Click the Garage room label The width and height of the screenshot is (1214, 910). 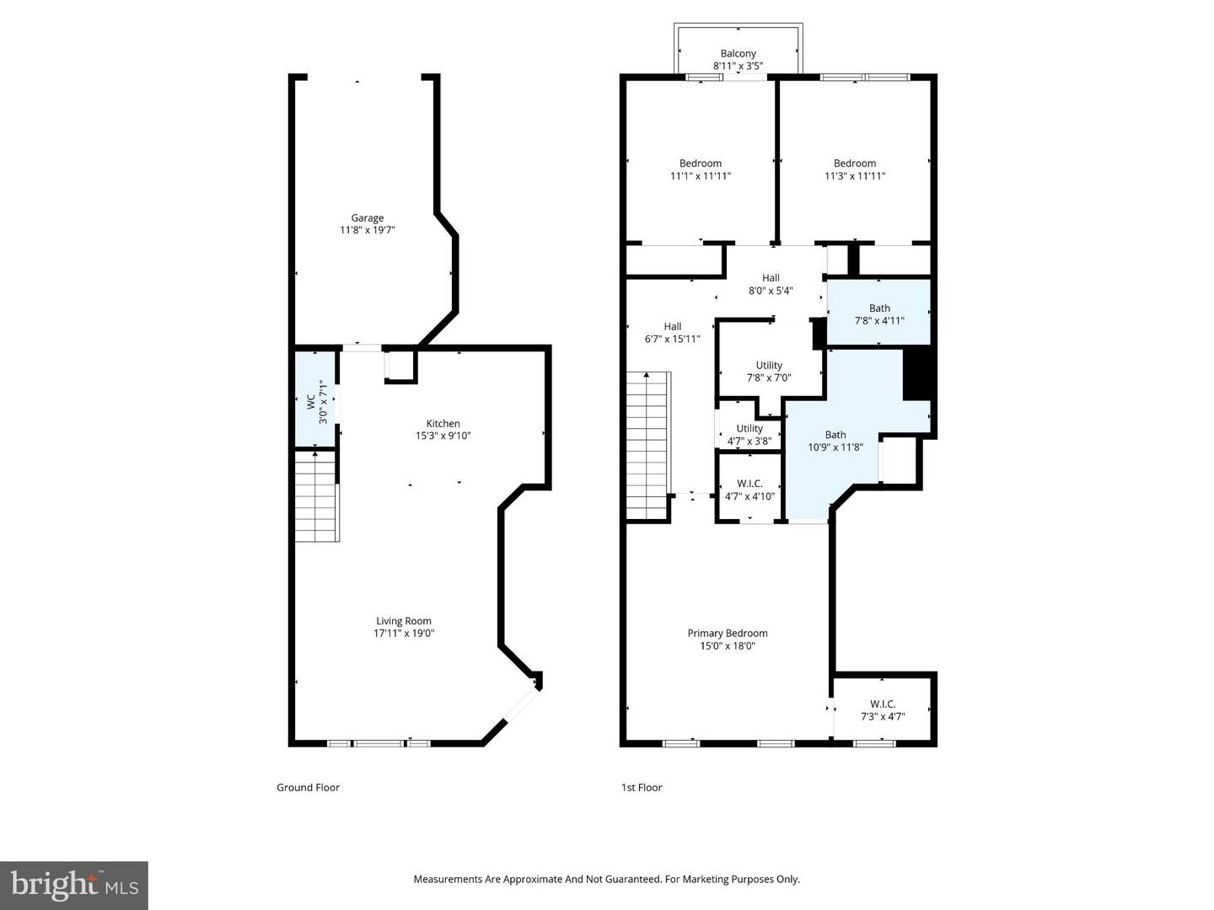tap(367, 218)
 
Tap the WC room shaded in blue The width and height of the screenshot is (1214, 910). tap(314, 398)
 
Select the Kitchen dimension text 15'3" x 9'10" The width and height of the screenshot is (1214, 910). tap(443, 436)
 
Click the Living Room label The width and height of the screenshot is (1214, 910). tap(404, 621)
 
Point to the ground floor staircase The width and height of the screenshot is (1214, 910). tap(315, 497)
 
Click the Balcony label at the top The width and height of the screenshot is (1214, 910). tap(738, 54)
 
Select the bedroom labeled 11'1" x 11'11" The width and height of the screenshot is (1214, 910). tap(700, 169)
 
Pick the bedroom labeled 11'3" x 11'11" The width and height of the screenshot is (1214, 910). tap(854, 169)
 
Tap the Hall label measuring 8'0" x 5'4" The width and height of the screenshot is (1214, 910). tap(771, 284)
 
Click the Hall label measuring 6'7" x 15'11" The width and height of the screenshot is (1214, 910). tap(672, 333)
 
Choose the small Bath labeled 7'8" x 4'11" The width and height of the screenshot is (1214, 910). tap(878, 313)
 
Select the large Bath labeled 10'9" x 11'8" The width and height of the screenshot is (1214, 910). tap(835, 441)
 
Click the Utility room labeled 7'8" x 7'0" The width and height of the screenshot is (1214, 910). tap(768, 372)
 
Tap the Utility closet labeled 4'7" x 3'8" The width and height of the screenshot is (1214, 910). tap(749, 434)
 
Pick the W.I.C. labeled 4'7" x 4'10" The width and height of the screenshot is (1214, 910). tap(749, 490)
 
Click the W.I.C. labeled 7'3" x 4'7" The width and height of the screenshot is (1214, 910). tap(882, 710)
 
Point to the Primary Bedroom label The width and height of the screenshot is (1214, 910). tap(727, 634)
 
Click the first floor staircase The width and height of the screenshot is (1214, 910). tap(647, 446)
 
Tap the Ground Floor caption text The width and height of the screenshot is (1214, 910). tap(308, 788)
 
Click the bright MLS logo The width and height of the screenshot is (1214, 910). tap(74, 885)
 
